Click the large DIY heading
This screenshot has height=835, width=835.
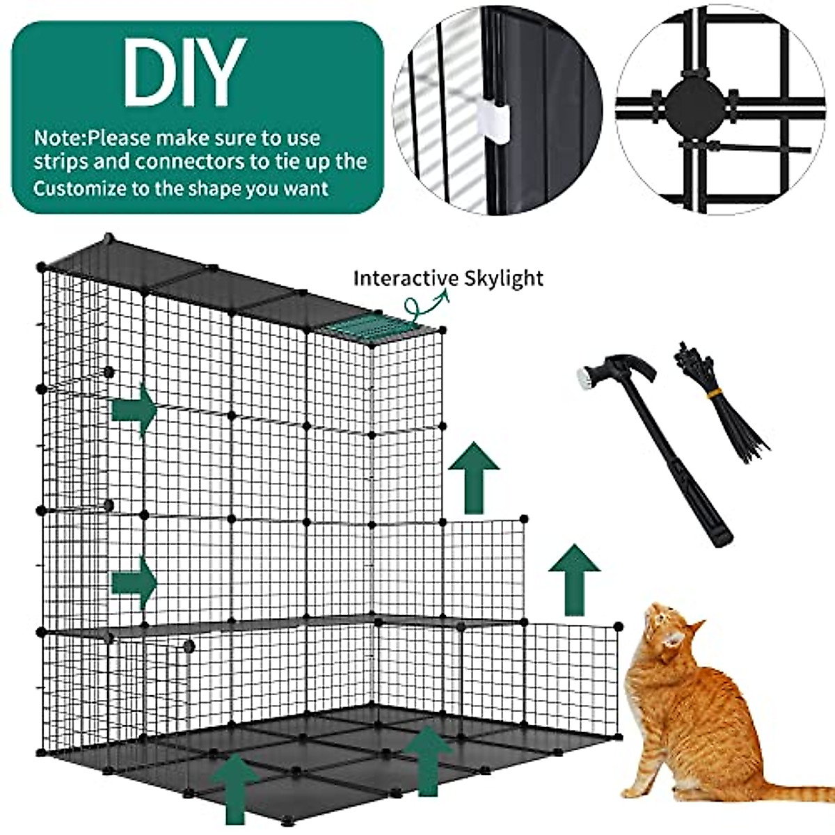pyautogui.click(x=184, y=72)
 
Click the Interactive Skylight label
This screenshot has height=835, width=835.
pyautogui.click(x=448, y=278)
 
